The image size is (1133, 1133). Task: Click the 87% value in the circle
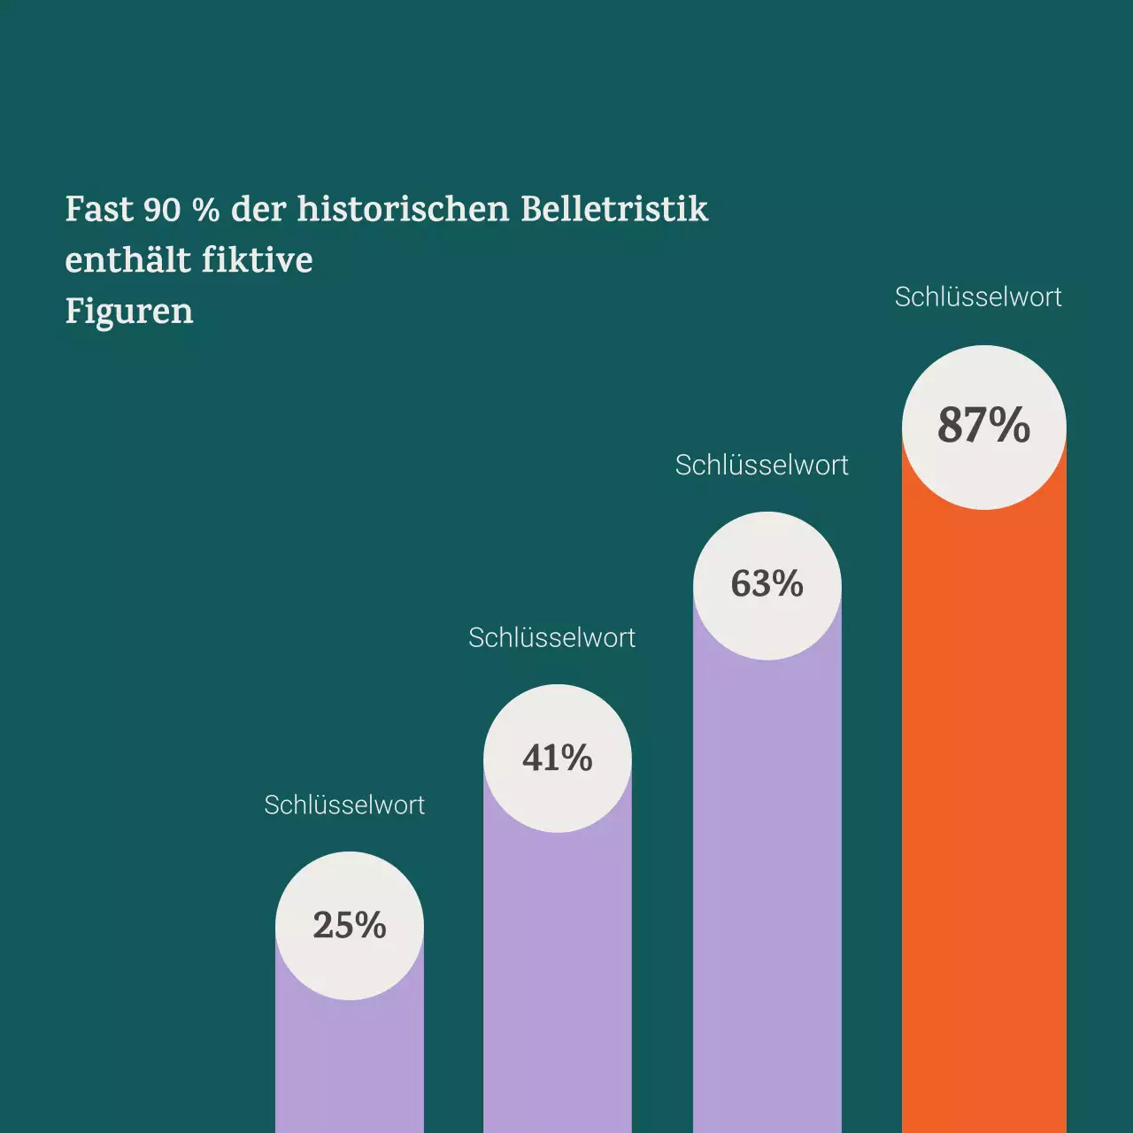[x=983, y=426]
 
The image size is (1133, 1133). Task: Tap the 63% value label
[x=767, y=584]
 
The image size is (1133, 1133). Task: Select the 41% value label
[x=557, y=759]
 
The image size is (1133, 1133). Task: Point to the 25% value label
[x=350, y=926]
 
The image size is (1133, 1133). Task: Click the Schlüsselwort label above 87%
[x=978, y=297]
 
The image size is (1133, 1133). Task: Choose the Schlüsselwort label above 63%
[x=761, y=466]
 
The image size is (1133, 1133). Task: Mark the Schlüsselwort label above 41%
[x=551, y=638]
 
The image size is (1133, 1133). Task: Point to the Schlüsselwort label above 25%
[x=344, y=805]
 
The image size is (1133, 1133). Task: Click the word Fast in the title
[x=98, y=210]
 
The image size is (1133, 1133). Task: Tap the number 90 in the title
[x=162, y=210]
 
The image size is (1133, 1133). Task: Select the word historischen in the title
[x=404, y=210]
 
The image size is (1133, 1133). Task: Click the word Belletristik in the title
[x=614, y=210]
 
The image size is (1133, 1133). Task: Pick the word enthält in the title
[x=127, y=260]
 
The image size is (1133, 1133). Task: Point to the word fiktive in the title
[x=257, y=260]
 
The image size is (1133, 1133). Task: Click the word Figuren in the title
[x=129, y=312]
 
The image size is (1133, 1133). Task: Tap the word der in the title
[x=258, y=210]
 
